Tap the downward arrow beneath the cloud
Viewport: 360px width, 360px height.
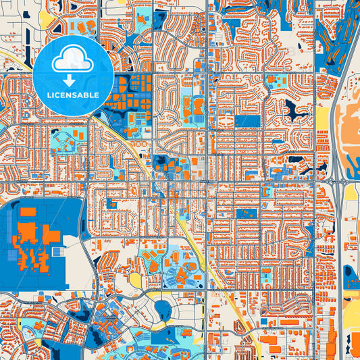point(73,80)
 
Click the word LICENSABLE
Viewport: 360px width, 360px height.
point(73,95)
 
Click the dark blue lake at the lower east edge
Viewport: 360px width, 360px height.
point(351,272)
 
